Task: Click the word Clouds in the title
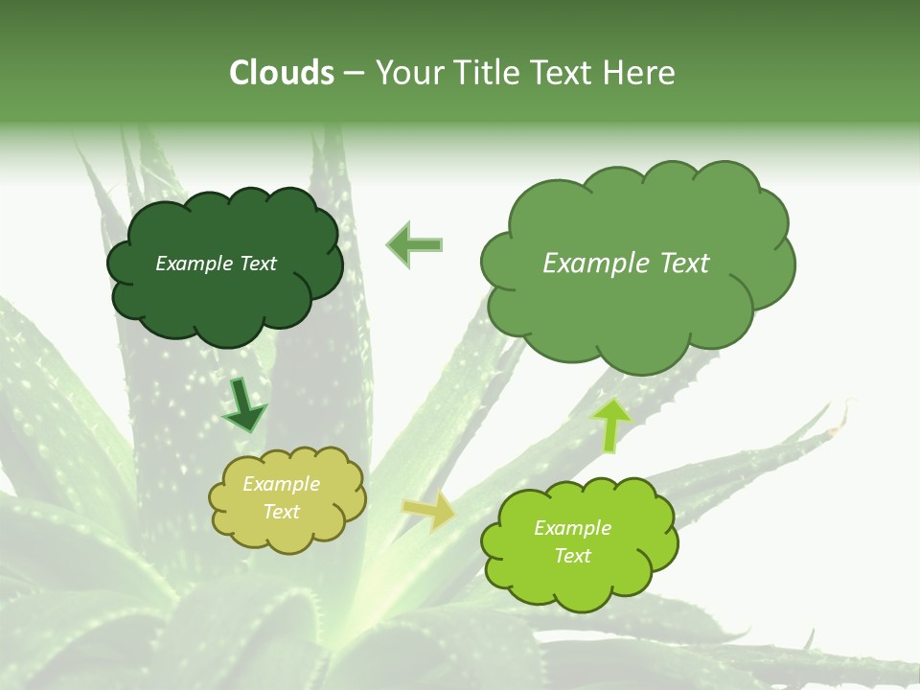tap(283, 73)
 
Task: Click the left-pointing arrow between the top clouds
tap(414, 244)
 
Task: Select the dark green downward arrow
tap(243, 403)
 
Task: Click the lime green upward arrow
tap(612, 425)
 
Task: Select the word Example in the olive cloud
tap(282, 484)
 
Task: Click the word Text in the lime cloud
tap(572, 556)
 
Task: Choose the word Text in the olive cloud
tap(282, 512)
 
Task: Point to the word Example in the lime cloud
tap(572, 528)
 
